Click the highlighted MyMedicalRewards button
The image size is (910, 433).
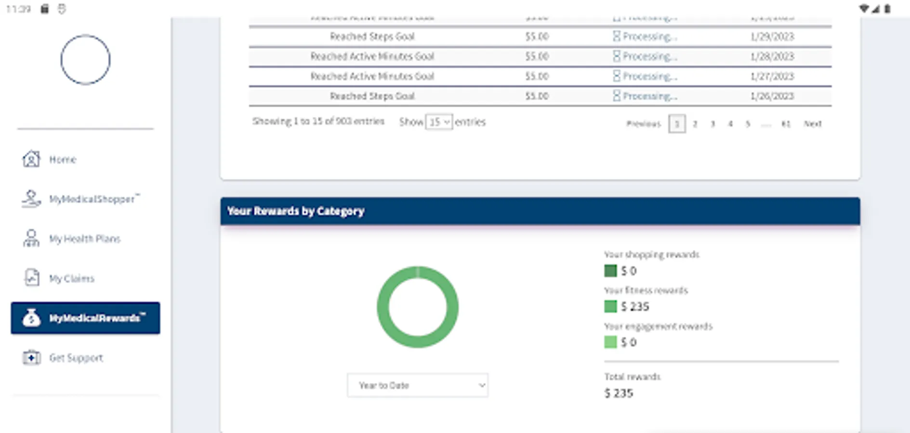coord(85,318)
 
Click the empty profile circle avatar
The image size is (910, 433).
coord(85,60)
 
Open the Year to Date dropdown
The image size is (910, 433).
coord(417,385)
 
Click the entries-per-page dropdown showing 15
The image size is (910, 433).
coord(439,122)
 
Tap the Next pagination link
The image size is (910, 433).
coord(812,124)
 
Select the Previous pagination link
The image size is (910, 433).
coord(643,124)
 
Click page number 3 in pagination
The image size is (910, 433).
coord(712,124)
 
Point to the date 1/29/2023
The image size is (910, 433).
coord(772,37)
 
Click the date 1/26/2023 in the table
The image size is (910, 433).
coord(772,96)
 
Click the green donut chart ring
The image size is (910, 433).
coord(382,307)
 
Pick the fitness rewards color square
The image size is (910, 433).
coord(610,306)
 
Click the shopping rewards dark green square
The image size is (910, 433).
coord(610,271)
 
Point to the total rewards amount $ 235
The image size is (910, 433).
coord(619,393)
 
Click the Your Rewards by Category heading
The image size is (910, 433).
coord(296,211)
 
